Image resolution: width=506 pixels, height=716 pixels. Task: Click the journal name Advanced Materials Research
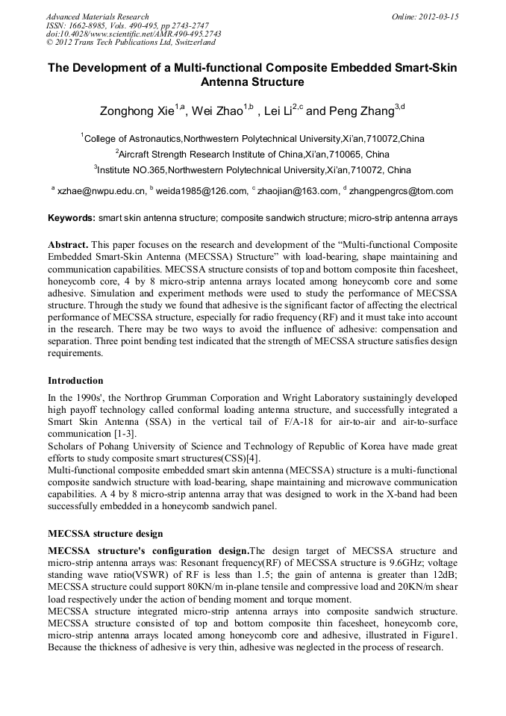(97, 16)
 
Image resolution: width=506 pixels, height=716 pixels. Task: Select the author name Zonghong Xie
(137, 112)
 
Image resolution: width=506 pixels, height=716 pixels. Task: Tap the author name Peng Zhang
(360, 112)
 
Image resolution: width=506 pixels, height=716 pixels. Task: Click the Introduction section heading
(75, 381)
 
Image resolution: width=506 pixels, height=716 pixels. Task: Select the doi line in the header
(134, 34)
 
